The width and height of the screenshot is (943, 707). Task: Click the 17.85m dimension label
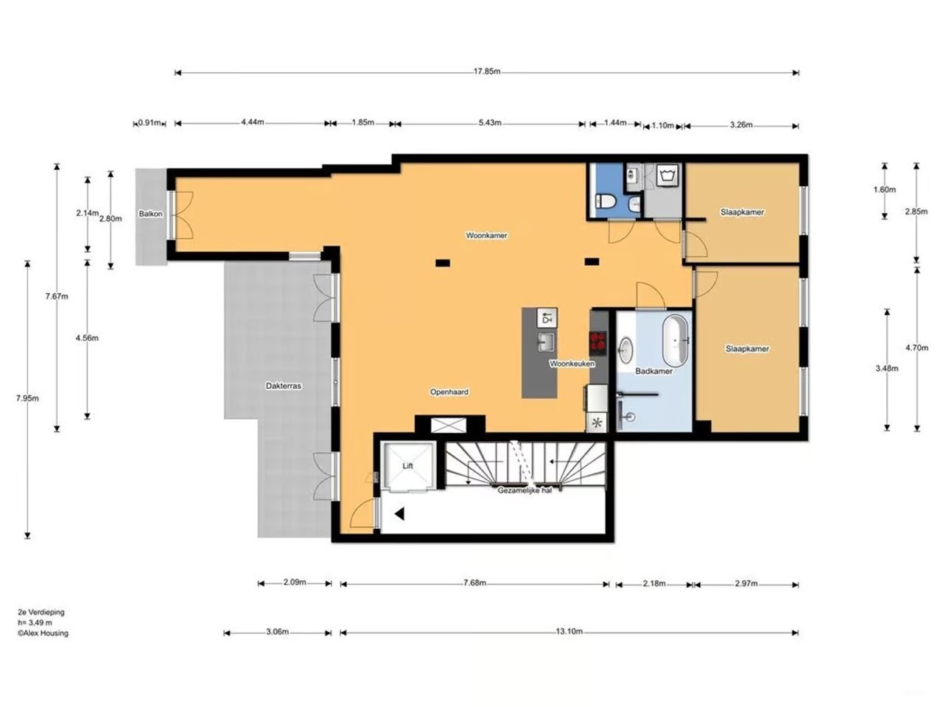point(486,72)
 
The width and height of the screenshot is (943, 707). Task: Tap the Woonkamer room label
point(486,236)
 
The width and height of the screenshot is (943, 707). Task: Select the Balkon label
point(150,214)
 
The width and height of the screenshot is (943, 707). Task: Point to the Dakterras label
point(284,386)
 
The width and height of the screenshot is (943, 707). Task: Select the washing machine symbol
point(669,176)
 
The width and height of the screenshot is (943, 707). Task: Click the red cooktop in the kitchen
point(598,341)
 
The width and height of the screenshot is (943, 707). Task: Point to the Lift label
point(407,466)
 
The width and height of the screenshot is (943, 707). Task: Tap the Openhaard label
point(449,393)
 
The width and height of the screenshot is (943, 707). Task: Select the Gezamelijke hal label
point(525,490)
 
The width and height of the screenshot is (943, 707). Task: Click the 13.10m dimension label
point(569,632)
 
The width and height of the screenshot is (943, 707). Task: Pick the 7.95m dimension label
point(27,398)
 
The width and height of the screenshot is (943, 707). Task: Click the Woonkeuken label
point(572,364)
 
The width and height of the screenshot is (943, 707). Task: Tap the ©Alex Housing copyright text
point(43,633)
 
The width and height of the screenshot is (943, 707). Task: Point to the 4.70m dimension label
point(917,348)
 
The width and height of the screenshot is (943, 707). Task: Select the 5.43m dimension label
point(489,123)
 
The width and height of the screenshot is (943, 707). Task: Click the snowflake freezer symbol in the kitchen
point(597,423)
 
